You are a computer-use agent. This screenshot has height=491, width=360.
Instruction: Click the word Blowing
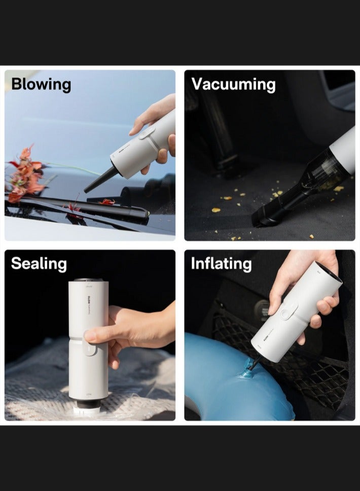(41, 84)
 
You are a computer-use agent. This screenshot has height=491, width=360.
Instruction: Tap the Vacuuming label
(233, 84)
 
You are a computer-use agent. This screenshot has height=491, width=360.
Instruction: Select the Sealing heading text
(39, 264)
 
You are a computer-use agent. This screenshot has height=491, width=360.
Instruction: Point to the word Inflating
(221, 264)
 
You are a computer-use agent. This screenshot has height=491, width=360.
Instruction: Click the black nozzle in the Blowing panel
(100, 180)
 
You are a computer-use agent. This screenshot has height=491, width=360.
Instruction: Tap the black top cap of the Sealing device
(88, 279)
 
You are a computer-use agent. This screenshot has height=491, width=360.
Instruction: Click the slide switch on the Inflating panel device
(289, 310)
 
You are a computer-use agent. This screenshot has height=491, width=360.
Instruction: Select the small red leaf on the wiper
(107, 202)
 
